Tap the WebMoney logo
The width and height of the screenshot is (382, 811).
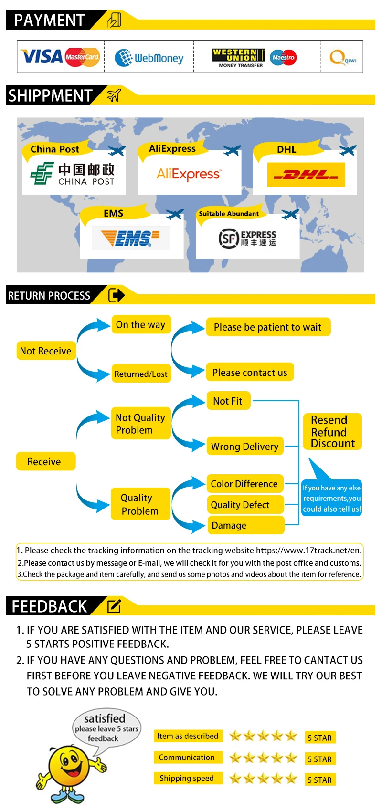[x=149, y=58]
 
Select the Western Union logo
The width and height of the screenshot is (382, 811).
[x=239, y=58]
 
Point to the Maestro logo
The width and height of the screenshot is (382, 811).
[x=284, y=57]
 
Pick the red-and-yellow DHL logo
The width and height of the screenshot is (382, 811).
[x=306, y=175]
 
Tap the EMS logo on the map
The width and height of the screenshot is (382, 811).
[x=131, y=238]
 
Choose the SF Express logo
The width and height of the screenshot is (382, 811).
[x=247, y=238]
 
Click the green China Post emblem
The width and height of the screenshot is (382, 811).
[x=42, y=173]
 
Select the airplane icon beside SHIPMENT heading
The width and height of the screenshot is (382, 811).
[x=114, y=95]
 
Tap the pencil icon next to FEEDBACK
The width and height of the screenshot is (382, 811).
[x=114, y=606]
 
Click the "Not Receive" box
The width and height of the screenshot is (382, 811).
[x=46, y=351]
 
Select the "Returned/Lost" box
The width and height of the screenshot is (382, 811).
[x=141, y=373]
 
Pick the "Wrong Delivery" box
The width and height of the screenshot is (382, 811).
[x=245, y=446]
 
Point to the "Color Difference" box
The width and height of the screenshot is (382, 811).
[x=245, y=484]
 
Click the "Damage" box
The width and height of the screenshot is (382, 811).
[x=245, y=525]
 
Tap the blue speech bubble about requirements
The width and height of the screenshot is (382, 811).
[x=331, y=498]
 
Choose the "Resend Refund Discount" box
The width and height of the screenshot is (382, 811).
[x=332, y=432]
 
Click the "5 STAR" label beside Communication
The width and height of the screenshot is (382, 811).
[x=320, y=759]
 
